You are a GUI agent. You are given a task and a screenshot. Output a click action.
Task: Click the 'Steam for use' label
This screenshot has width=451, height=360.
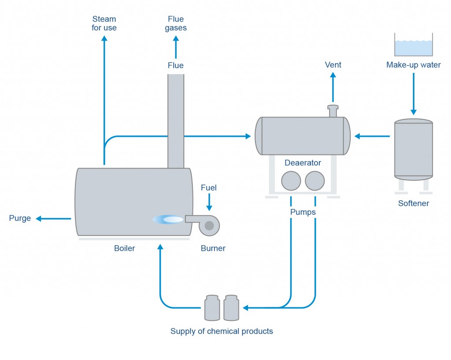104,23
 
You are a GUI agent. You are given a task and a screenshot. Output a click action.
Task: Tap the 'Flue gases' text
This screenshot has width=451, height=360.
176,23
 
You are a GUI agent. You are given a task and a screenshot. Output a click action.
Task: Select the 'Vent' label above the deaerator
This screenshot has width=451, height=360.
333,65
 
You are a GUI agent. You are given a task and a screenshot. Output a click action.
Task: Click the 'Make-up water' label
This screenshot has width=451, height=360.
413,65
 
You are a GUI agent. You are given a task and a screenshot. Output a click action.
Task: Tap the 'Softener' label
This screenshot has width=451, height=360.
413,203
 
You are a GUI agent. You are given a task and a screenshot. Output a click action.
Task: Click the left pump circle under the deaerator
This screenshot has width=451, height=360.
291,180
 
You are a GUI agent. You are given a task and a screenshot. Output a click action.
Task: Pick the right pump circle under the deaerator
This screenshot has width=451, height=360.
315,180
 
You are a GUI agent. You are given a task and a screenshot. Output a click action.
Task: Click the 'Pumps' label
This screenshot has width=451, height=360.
303,212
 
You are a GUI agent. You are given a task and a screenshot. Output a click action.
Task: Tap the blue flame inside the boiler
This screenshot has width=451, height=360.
168,219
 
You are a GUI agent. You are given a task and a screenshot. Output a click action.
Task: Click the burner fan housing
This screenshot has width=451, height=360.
209,225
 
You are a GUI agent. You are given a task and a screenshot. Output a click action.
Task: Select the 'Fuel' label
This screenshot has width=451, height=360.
209,188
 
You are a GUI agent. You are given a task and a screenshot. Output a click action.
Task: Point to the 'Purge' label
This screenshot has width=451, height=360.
20,218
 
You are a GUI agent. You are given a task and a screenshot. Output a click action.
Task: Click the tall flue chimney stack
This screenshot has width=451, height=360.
176,121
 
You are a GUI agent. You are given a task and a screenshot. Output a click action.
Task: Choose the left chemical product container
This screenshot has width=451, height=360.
212,308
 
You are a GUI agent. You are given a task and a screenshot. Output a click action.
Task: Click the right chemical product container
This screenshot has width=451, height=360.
231,308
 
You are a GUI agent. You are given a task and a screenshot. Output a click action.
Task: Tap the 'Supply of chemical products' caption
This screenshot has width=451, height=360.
222,331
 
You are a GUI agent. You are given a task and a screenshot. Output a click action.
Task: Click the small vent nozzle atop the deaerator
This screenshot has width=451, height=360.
333,111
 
